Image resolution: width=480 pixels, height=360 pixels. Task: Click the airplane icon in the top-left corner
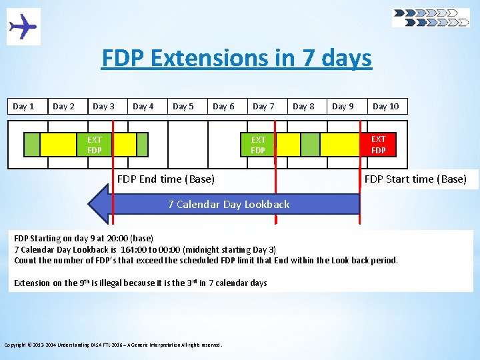[x=23, y=27]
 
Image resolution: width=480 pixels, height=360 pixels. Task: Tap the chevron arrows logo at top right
[x=431, y=17]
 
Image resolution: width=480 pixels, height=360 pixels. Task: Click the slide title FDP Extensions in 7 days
[x=237, y=59]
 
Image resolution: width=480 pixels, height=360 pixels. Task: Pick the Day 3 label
[x=103, y=106]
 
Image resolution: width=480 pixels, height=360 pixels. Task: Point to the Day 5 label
[x=183, y=106]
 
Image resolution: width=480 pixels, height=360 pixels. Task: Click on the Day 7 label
[x=263, y=106]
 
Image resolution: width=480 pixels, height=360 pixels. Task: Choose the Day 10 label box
[x=386, y=106]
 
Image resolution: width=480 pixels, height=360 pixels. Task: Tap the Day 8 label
[x=303, y=106]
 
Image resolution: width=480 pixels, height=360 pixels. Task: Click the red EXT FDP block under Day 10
[x=379, y=144]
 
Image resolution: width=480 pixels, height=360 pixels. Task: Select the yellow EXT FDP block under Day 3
[x=95, y=144]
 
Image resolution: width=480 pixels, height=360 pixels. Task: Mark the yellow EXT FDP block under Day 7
[x=258, y=144]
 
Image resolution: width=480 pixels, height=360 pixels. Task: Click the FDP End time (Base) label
[x=166, y=179]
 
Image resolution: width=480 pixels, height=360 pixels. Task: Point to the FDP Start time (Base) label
[x=415, y=179]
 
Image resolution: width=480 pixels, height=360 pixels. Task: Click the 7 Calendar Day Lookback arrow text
[x=229, y=204]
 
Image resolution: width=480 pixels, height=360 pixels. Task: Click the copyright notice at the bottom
[x=113, y=345]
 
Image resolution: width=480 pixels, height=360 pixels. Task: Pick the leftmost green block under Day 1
[x=31, y=144]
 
